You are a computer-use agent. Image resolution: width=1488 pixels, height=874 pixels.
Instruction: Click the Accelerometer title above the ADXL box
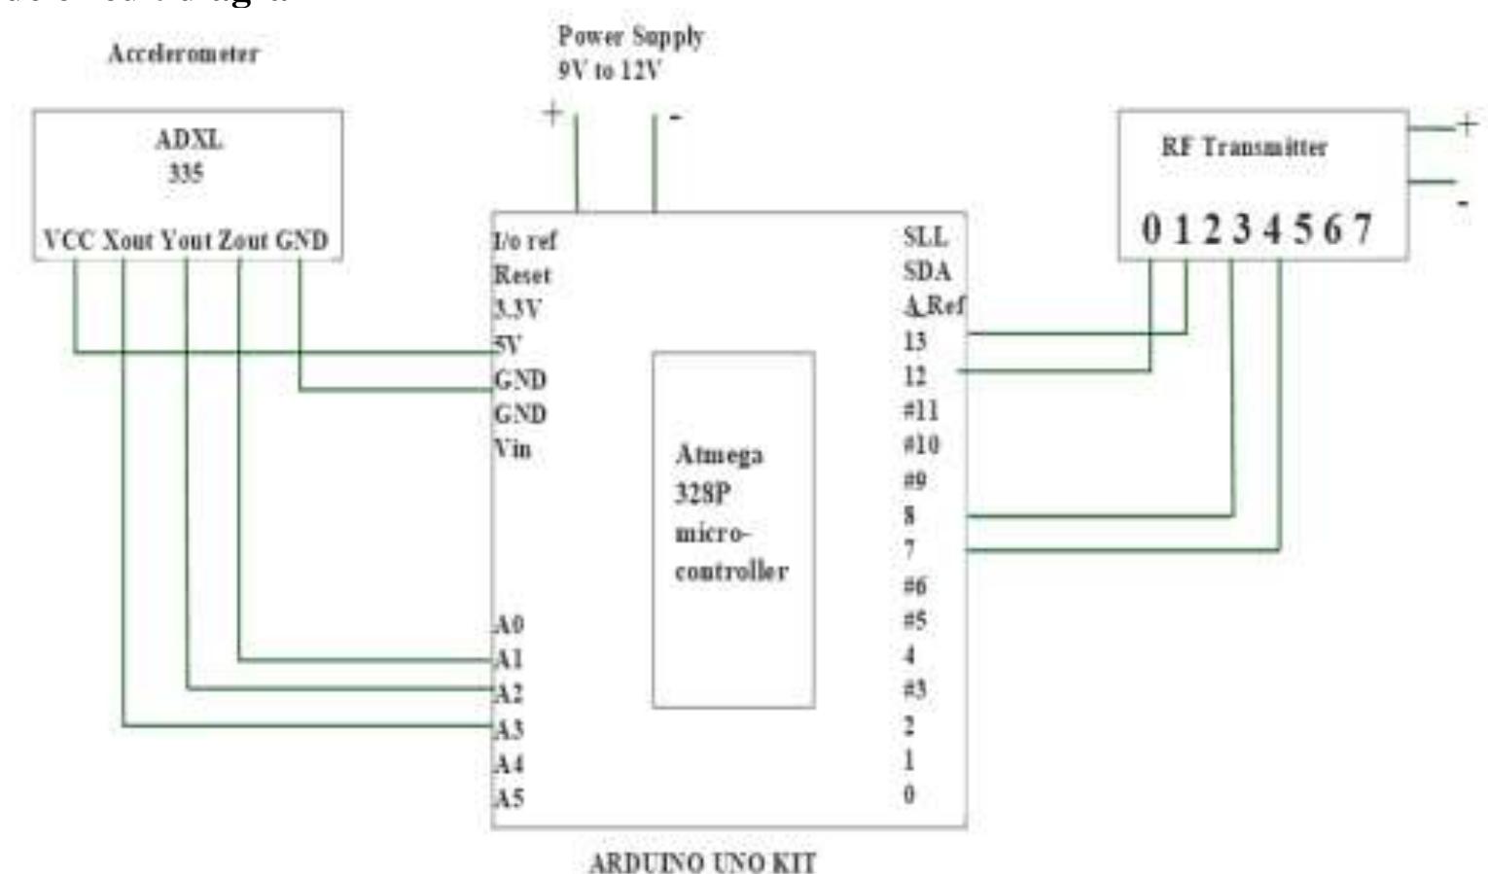(184, 53)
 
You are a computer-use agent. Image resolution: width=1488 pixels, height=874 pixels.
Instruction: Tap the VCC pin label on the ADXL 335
(68, 241)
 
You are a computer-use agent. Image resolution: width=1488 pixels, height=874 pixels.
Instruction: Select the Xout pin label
(129, 241)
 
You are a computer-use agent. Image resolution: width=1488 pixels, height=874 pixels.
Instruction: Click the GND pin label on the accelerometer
(301, 241)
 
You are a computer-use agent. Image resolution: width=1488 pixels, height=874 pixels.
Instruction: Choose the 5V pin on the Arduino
(507, 345)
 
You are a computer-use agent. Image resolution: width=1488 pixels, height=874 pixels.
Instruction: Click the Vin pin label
(513, 449)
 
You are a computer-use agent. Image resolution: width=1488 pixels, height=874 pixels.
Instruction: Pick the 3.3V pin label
(517, 310)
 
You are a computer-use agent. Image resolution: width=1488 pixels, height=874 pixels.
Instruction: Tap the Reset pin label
(522, 275)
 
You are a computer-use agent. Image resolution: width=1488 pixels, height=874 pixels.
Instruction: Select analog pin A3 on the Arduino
(509, 729)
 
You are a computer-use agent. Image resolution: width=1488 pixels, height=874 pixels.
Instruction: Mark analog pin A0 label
(509, 624)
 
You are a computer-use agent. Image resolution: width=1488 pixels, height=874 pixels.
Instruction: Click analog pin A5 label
(509, 798)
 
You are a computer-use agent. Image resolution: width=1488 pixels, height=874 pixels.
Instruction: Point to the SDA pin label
(927, 271)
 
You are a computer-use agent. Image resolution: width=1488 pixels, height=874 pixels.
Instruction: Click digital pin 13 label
(915, 341)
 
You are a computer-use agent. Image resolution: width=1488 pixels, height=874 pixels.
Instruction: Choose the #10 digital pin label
(921, 445)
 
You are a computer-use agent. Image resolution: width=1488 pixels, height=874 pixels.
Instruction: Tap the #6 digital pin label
(915, 585)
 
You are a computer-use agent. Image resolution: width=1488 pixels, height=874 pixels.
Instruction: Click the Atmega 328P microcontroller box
(732, 530)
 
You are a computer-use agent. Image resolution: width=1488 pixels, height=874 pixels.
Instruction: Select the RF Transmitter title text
(1244, 148)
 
